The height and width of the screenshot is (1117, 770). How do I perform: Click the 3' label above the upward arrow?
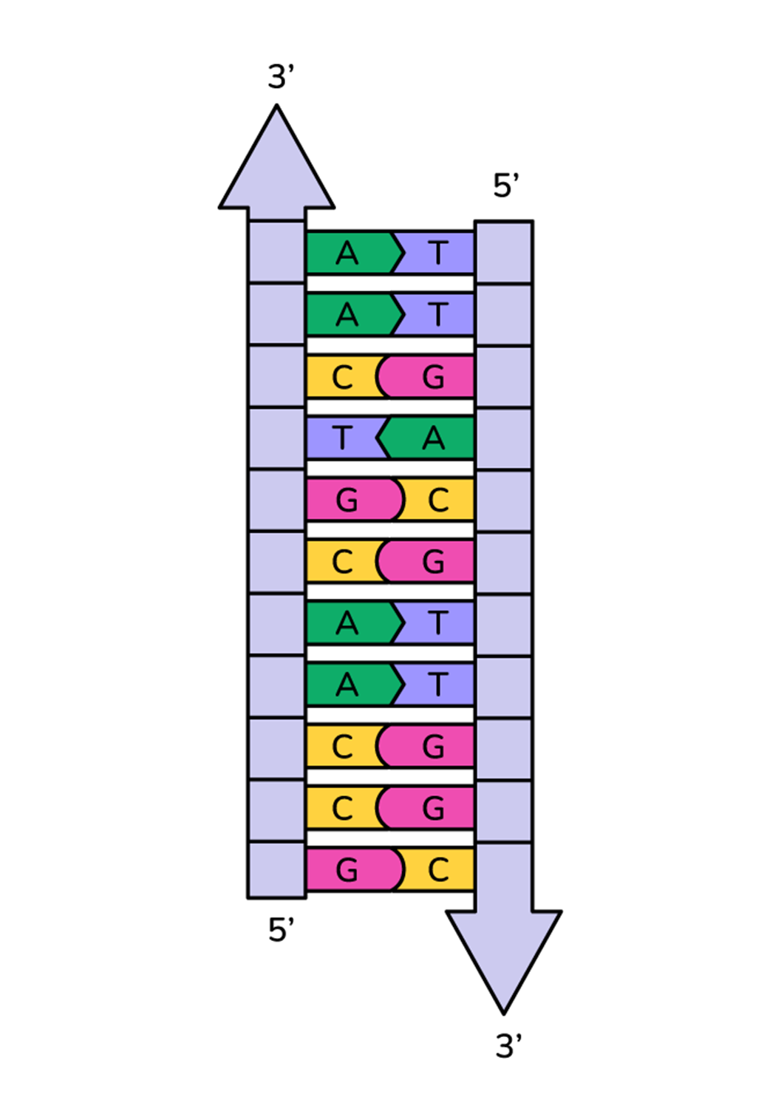click(281, 77)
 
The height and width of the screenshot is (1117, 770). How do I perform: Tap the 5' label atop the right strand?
click(506, 186)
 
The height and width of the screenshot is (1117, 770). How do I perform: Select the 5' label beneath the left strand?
click(281, 929)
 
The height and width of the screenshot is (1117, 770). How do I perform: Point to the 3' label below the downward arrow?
click(508, 1046)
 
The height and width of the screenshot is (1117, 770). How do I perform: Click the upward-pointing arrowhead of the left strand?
click(276, 170)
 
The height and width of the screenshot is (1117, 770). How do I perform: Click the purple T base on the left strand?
click(342, 438)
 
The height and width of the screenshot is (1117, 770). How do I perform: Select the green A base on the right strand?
click(433, 438)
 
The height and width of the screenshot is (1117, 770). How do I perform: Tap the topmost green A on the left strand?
click(347, 254)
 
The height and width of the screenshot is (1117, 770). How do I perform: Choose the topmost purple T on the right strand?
click(437, 254)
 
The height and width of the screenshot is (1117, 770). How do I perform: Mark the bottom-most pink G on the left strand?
click(347, 870)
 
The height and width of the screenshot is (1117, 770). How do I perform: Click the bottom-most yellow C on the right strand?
click(437, 870)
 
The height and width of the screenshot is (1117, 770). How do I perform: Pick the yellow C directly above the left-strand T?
click(342, 377)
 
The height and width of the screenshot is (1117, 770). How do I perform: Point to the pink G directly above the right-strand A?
click(433, 377)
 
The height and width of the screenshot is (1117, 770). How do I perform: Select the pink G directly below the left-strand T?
click(347, 500)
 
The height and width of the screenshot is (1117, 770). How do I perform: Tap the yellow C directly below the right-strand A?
click(437, 500)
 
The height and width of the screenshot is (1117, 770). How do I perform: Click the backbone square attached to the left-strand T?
click(276, 438)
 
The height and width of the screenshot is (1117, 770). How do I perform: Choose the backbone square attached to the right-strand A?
click(504, 438)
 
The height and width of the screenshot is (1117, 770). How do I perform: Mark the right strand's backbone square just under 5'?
click(504, 252)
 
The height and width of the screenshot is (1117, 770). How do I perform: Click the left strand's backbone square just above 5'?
click(276, 870)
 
